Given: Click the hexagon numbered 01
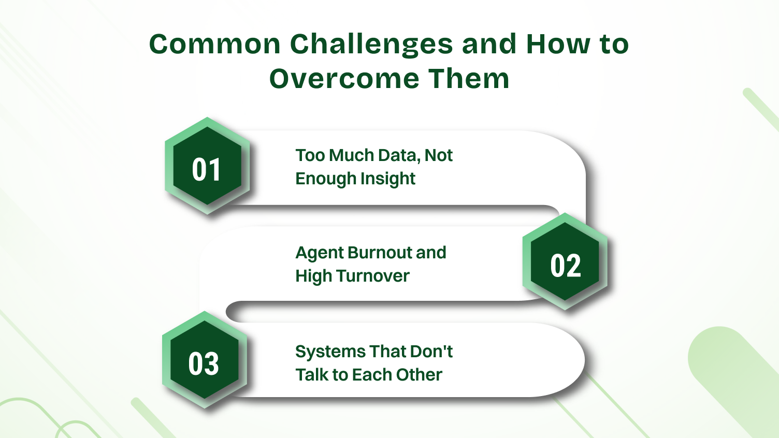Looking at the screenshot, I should (207, 167).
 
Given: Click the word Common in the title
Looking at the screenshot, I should (214, 44).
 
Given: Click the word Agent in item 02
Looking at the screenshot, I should (319, 253).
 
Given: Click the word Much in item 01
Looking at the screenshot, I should (352, 155).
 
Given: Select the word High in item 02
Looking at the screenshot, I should (312, 276).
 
